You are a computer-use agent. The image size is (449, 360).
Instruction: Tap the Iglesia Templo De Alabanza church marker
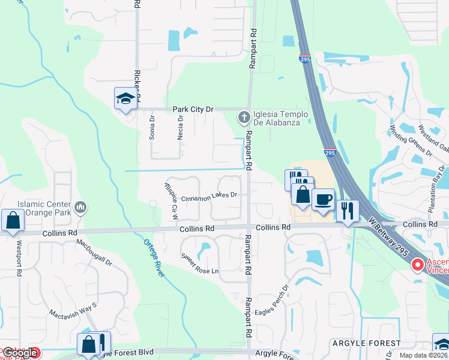pos(244,118)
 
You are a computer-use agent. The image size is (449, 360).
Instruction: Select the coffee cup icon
pos(324,199)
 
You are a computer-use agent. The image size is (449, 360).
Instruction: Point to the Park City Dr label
pos(193,109)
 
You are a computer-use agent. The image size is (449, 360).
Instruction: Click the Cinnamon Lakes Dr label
pos(209,196)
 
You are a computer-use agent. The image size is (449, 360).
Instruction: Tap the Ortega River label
pos(154,258)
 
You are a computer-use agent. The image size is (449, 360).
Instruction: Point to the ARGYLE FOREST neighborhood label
pos(366,343)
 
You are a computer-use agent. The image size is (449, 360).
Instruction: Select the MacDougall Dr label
pos(94,252)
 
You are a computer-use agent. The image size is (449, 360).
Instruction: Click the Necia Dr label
pos(179,127)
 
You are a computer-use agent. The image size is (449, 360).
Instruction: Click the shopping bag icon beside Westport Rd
pos(13,220)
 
